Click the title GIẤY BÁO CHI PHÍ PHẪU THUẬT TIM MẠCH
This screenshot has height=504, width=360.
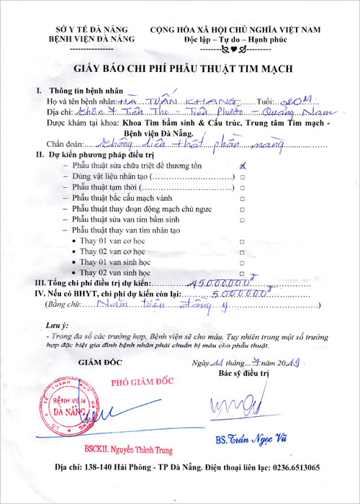point(180,70)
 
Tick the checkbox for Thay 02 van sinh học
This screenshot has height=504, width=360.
point(242,274)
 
